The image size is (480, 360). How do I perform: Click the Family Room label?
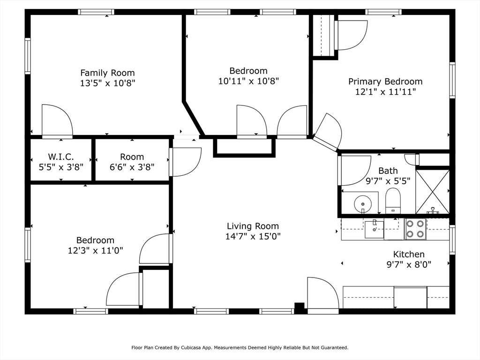tap(107, 73)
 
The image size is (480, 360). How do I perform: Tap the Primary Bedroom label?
tap(385, 82)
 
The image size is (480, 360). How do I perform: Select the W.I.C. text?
tap(61, 157)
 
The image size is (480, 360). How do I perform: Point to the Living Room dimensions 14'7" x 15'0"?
tap(253, 236)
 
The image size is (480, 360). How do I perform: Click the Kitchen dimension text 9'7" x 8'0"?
tap(409, 264)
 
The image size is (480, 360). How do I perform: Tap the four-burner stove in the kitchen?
tap(415, 229)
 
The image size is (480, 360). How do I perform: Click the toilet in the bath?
tap(393, 201)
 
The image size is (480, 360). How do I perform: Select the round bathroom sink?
tap(363, 203)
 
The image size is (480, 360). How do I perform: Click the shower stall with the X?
tap(432, 192)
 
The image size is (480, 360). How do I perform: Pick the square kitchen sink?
tap(374, 229)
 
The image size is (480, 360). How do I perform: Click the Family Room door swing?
tap(57, 121)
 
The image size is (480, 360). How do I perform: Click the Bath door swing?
tap(355, 171)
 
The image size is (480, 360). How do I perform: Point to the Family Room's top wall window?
tap(96, 12)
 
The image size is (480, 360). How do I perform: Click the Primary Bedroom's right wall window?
tap(452, 80)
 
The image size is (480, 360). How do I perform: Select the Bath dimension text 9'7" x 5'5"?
tap(388, 181)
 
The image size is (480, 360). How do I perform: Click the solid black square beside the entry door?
tap(300, 307)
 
